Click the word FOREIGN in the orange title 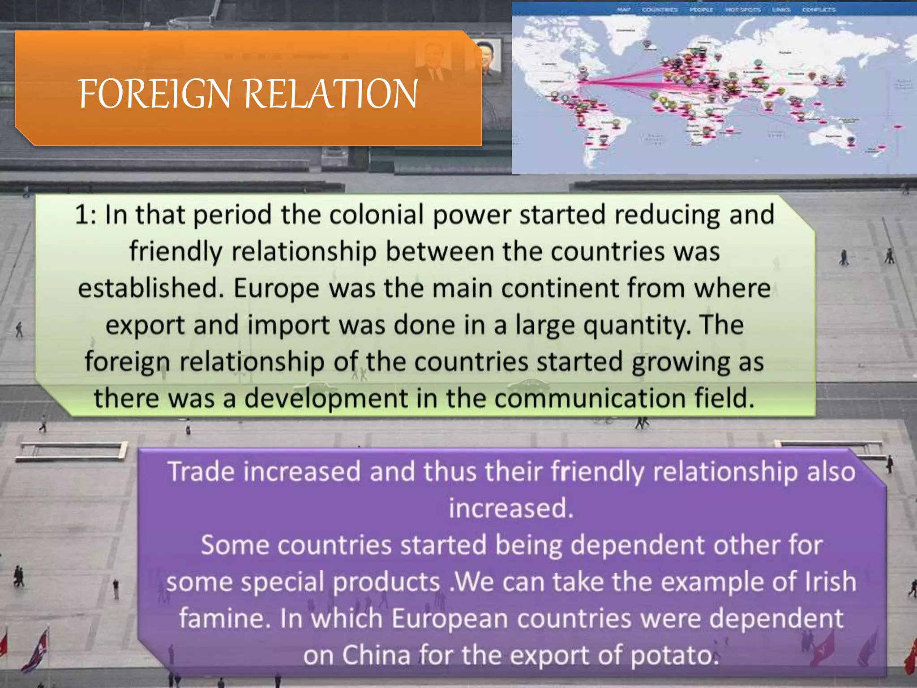pos(154,94)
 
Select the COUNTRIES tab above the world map pos(660,9)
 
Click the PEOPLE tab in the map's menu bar pos(701,9)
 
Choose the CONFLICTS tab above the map pos(818,9)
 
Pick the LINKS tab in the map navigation pos(781,9)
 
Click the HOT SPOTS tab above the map pos(743,9)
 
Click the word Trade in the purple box pos(201,472)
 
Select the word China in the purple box pos(376,655)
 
